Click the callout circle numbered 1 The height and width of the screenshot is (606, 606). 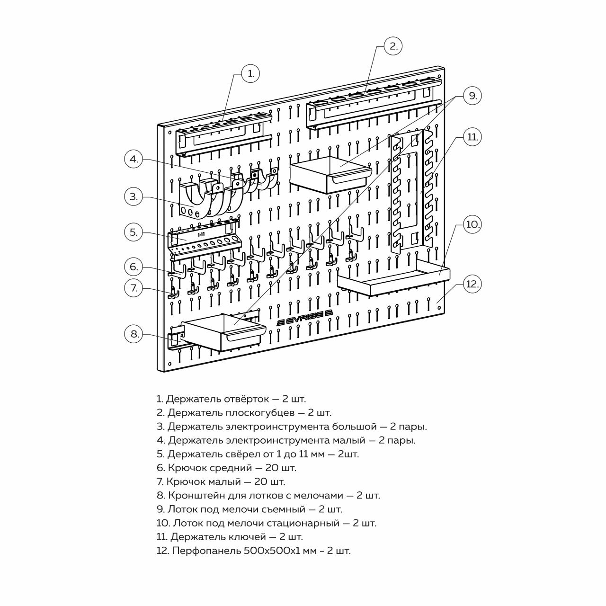pyautogui.click(x=251, y=73)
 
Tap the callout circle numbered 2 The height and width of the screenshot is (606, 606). pyautogui.click(x=393, y=46)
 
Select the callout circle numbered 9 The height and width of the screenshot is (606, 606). pyautogui.click(x=472, y=96)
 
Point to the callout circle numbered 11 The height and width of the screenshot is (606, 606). pyautogui.click(x=472, y=137)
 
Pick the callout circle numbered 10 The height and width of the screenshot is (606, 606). pyautogui.click(x=472, y=224)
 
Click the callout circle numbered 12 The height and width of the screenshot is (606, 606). pyautogui.click(x=472, y=284)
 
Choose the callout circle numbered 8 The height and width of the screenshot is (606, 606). pyautogui.click(x=134, y=334)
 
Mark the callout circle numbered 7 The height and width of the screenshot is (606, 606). pyautogui.click(x=134, y=288)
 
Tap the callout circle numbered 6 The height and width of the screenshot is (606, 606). pyautogui.click(x=134, y=267)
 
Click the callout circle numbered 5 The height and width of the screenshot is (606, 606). pyautogui.click(x=134, y=232)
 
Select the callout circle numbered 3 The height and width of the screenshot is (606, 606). pyautogui.click(x=134, y=196)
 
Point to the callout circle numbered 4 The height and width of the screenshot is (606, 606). pyautogui.click(x=134, y=159)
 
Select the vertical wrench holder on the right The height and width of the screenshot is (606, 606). pyautogui.click(x=412, y=189)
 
